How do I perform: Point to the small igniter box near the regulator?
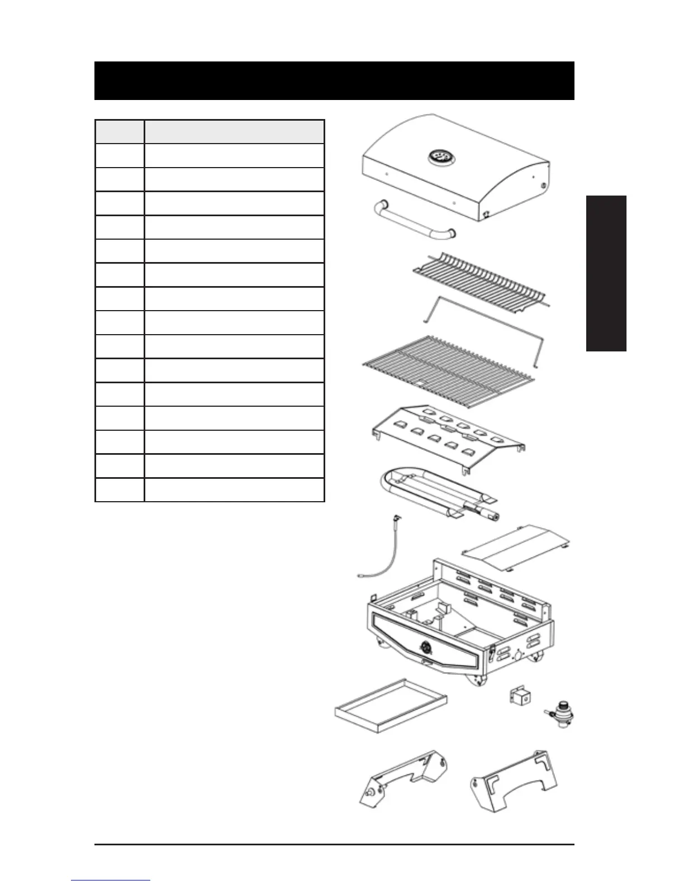[x=520, y=697]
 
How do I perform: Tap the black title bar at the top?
[x=334, y=80]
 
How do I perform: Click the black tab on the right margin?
[x=606, y=273]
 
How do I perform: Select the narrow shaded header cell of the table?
[x=120, y=132]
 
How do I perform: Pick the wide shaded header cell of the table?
[x=234, y=132]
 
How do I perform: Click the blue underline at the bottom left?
[x=111, y=881]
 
